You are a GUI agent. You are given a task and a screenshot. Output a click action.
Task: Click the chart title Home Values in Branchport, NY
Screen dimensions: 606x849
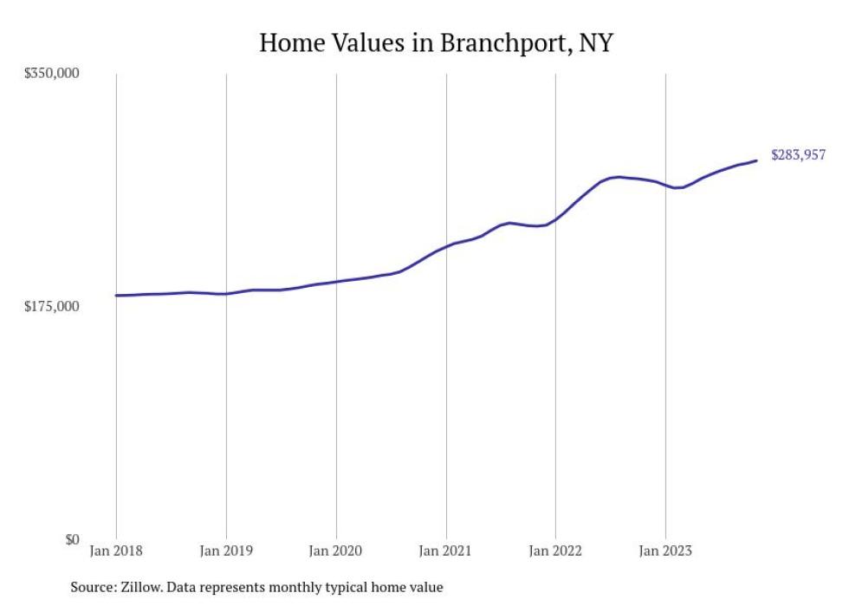click(x=436, y=42)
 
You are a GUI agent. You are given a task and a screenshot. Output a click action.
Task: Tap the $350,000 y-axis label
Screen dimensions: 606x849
click(x=51, y=74)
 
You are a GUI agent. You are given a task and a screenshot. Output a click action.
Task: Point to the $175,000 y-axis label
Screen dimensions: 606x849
click(x=51, y=307)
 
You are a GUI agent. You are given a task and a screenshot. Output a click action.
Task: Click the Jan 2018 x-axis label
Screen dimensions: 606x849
click(x=116, y=551)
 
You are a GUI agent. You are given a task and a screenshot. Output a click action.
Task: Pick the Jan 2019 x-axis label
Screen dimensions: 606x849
click(x=226, y=551)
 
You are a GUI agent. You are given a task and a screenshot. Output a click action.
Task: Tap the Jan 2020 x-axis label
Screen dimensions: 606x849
click(x=336, y=551)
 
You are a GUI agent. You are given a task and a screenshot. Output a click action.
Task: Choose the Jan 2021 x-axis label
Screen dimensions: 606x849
click(x=446, y=551)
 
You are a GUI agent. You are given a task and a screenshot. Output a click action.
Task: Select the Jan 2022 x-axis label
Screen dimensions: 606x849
click(x=555, y=551)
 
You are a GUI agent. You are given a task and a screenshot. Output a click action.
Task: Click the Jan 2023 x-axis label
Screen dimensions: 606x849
click(x=665, y=551)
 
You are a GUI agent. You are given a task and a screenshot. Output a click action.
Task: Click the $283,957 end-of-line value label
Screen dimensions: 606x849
click(x=798, y=156)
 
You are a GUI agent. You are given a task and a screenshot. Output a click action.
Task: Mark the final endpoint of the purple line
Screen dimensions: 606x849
click(x=756, y=160)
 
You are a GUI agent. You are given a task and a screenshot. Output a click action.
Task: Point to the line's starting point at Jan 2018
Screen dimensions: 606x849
click(x=116, y=296)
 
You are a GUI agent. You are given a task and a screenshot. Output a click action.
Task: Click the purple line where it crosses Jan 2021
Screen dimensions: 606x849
click(x=446, y=247)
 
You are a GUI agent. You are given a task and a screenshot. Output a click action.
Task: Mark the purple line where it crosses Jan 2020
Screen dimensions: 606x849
click(x=336, y=282)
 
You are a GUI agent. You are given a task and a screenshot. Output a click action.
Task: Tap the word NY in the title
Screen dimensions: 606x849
click(x=595, y=42)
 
